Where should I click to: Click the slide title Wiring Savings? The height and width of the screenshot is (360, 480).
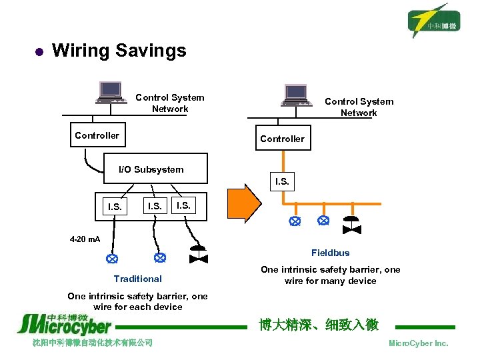119,51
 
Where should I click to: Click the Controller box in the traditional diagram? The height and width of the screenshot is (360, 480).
97,135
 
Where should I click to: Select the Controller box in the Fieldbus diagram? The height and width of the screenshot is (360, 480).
282,139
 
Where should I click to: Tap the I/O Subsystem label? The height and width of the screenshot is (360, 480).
151,169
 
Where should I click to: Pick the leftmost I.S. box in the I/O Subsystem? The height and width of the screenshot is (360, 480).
115,207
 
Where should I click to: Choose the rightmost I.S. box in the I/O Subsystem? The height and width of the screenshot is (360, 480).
183,206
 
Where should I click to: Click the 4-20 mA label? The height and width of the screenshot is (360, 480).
85,239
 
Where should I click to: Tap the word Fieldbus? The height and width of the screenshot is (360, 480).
330,253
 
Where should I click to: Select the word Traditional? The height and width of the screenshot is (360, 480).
137,279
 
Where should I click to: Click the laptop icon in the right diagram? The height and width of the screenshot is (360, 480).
295,95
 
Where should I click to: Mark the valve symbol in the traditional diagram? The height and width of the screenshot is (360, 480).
198,255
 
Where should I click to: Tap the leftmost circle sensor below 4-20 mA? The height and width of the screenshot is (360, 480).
112,257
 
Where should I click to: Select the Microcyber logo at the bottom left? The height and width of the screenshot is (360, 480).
64,324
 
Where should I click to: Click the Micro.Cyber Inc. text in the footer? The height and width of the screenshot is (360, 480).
418,343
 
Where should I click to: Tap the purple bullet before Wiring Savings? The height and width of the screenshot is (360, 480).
38,51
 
